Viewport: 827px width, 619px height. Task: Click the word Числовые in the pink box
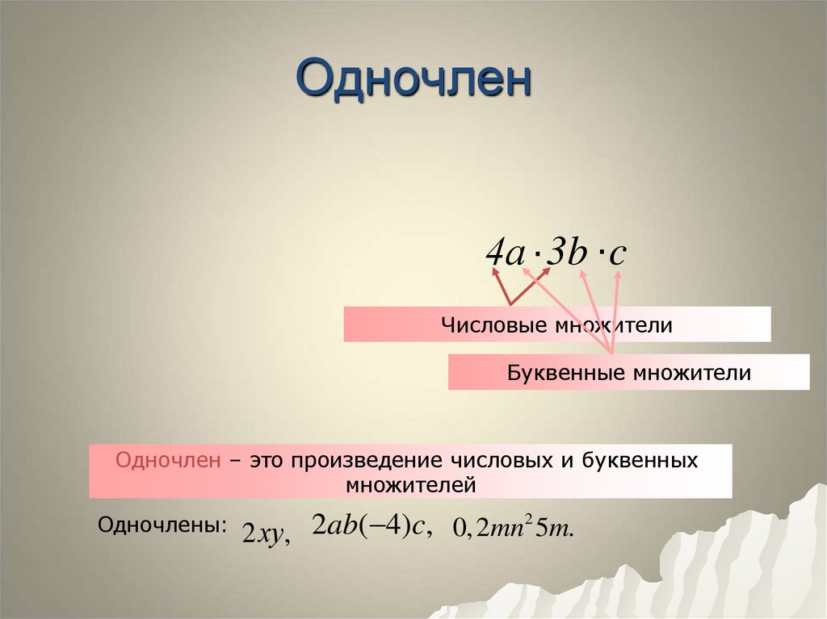494,324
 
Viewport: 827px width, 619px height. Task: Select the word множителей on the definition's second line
411,485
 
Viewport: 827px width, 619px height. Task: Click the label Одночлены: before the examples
162,525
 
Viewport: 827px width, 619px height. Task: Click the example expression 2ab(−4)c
373,525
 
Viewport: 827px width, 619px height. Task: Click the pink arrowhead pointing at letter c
619,274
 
